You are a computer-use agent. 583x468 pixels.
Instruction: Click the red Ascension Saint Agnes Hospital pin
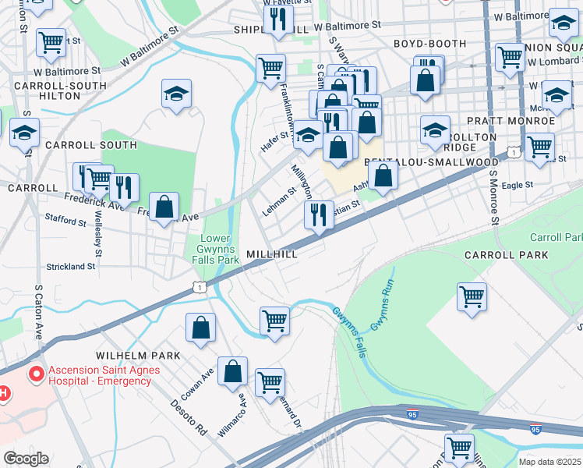[x=35, y=375]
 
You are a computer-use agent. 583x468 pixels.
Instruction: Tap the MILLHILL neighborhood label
[x=272, y=255]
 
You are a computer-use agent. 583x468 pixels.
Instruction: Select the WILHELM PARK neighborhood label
[x=138, y=355]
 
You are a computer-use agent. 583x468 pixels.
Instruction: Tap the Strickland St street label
[x=69, y=266]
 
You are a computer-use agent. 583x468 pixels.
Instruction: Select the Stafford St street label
[x=65, y=222]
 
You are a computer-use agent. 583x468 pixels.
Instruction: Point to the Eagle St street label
[x=518, y=185]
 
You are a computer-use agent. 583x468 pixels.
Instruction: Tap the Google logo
[x=26, y=459]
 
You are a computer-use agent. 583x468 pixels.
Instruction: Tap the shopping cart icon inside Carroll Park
[x=472, y=296]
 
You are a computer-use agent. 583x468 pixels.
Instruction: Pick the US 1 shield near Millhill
[x=202, y=288]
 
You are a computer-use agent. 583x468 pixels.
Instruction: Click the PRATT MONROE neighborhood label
[x=511, y=121]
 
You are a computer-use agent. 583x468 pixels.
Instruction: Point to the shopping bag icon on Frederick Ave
[x=164, y=207]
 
